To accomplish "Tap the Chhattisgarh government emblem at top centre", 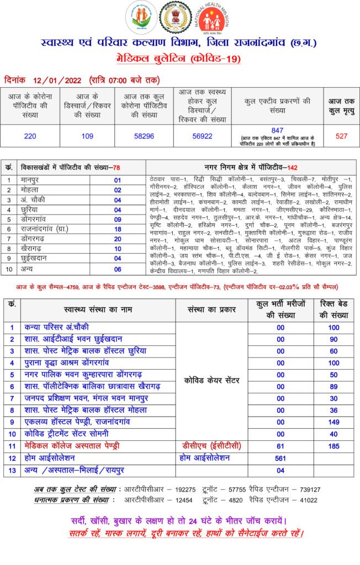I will pos(176,18).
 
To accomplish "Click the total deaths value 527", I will pos(341,136).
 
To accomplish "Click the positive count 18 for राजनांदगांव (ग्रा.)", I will pos(117,229).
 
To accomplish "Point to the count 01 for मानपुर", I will pos(117,180).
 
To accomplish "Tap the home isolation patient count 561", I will pos(280,458).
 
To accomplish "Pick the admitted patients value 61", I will pos(280,446).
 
